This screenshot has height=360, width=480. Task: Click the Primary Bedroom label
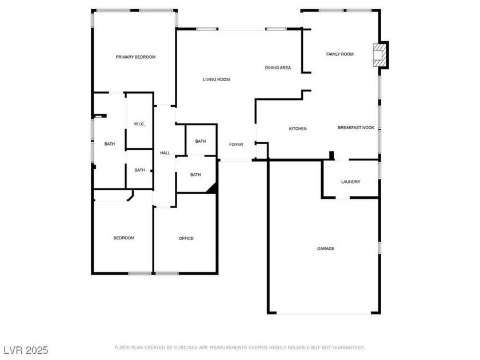click(135, 57)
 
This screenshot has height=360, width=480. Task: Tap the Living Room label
click(217, 79)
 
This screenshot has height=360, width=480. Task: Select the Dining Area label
click(278, 67)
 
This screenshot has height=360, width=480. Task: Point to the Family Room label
click(340, 54)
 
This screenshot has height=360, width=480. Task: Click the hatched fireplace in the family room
click(379, 55)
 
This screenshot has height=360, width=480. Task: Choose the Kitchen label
click(298, 129)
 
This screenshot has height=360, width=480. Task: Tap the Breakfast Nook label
click(356, 127)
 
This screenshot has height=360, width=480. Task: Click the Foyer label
click(236, 145)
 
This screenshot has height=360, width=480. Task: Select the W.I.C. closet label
click(139, 125)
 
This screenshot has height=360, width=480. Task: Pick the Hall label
click(165, 153)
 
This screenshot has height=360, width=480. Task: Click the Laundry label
click(351, 182)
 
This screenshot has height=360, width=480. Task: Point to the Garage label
click(326, 249)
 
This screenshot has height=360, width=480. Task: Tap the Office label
click(186, 238)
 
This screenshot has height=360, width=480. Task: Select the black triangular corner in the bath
click(213, 189)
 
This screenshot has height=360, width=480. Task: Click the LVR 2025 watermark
click(26, 350)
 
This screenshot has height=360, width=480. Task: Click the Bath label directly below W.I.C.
click(139, 170)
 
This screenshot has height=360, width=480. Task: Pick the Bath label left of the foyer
click(201, 142)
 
